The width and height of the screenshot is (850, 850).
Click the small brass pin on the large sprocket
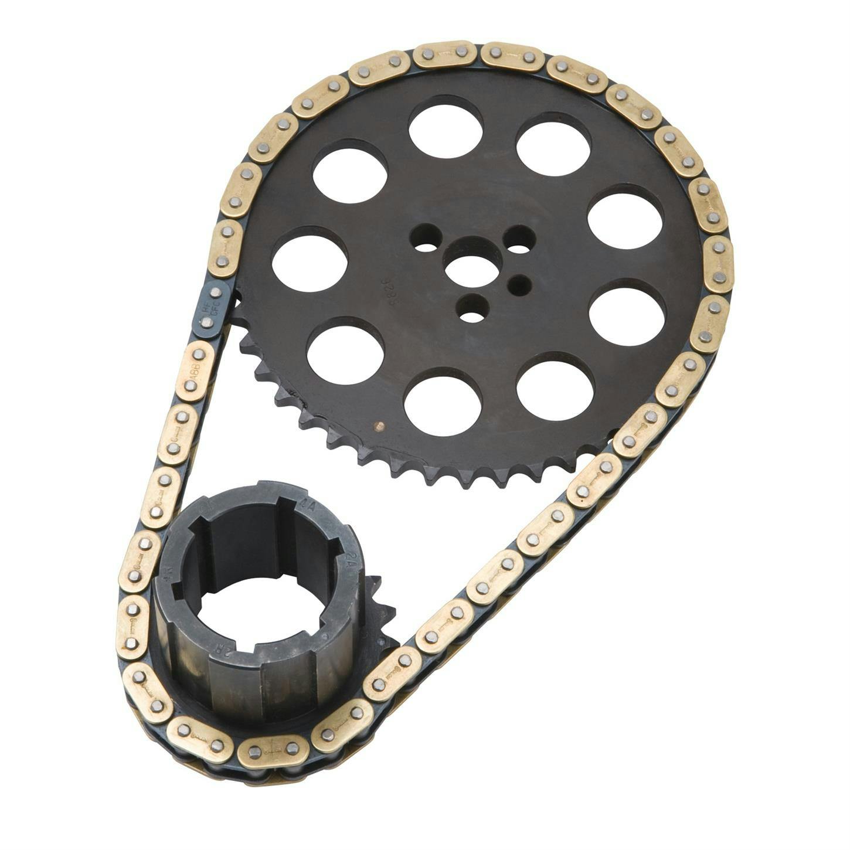tap(379, 426)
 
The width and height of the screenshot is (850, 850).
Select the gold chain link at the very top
tap(444, 55)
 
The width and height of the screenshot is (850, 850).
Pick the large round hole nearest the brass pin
tap(443, 402)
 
